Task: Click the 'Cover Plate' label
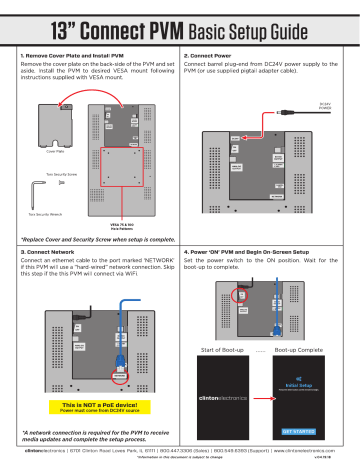pos(41,153)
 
